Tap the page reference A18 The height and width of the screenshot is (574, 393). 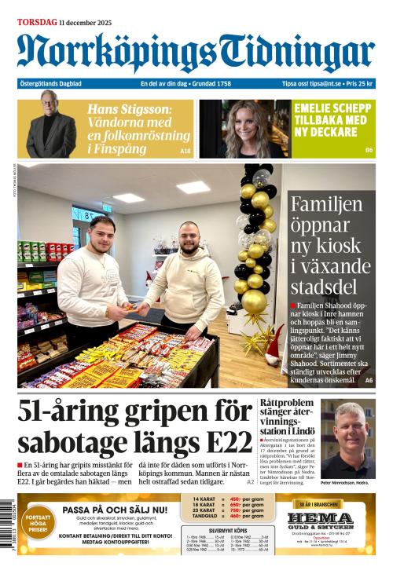185,150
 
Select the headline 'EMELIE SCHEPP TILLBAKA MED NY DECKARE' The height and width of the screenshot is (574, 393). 330,120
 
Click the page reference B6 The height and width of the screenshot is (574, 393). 368,150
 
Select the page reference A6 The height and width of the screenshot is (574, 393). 369,380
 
